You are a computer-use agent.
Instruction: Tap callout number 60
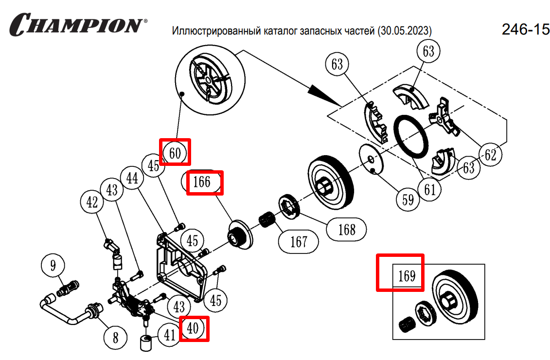pyautogui.click(x=175, y=153)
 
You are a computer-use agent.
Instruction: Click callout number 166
pyautogui.click(x=202, y=182)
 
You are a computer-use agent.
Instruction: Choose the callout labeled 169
pyautogui.click(x=407, y=276)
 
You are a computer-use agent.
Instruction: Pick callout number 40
pyautogui.click(x=193, y=328)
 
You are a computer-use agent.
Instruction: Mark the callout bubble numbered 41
pyautogui.click(x=169, y=335)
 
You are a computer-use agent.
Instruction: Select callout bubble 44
pyautogui.click(x=132, y=179)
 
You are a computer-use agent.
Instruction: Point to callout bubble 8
pyautogui.click(x=115, y=337)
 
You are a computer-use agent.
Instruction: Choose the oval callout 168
pyautogui.click(x=347, y=229)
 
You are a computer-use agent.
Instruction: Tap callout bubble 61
pyautogui.click(x=430, y=189)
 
